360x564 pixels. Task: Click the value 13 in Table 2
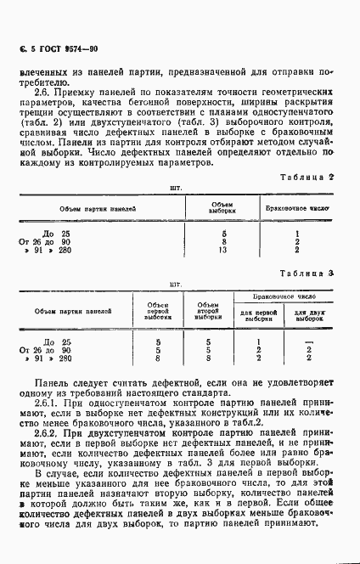point(223,250)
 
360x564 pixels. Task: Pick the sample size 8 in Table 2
point(223,241)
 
